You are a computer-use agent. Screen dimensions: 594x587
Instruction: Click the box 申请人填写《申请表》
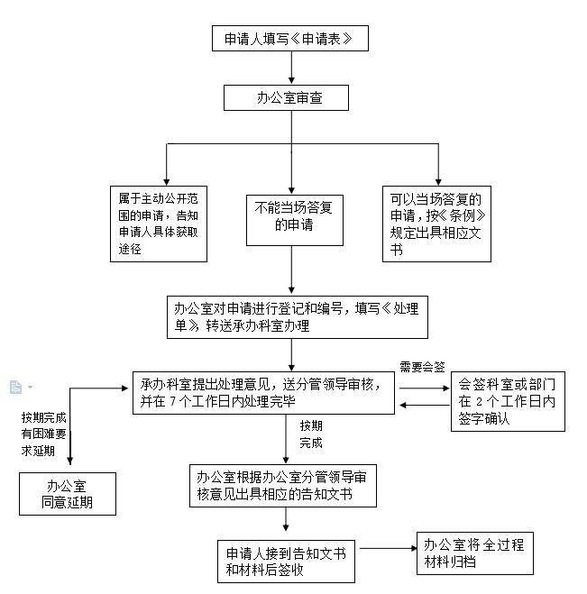(290, 39)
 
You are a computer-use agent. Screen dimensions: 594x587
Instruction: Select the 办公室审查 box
(286, 97)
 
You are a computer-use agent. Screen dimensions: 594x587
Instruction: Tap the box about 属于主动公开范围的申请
(158, 223)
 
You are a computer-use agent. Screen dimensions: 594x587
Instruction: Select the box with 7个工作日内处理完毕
(263, 391)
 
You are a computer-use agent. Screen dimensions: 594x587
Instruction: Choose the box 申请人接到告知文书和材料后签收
(281, 561)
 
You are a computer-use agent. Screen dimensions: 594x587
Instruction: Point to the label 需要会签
(423, 367)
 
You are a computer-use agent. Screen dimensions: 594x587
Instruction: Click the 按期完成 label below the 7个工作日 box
(311, 434)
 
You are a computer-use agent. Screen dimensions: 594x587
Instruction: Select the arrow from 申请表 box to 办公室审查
(291, 68)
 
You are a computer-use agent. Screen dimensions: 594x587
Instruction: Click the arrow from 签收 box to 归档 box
(381, 548)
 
